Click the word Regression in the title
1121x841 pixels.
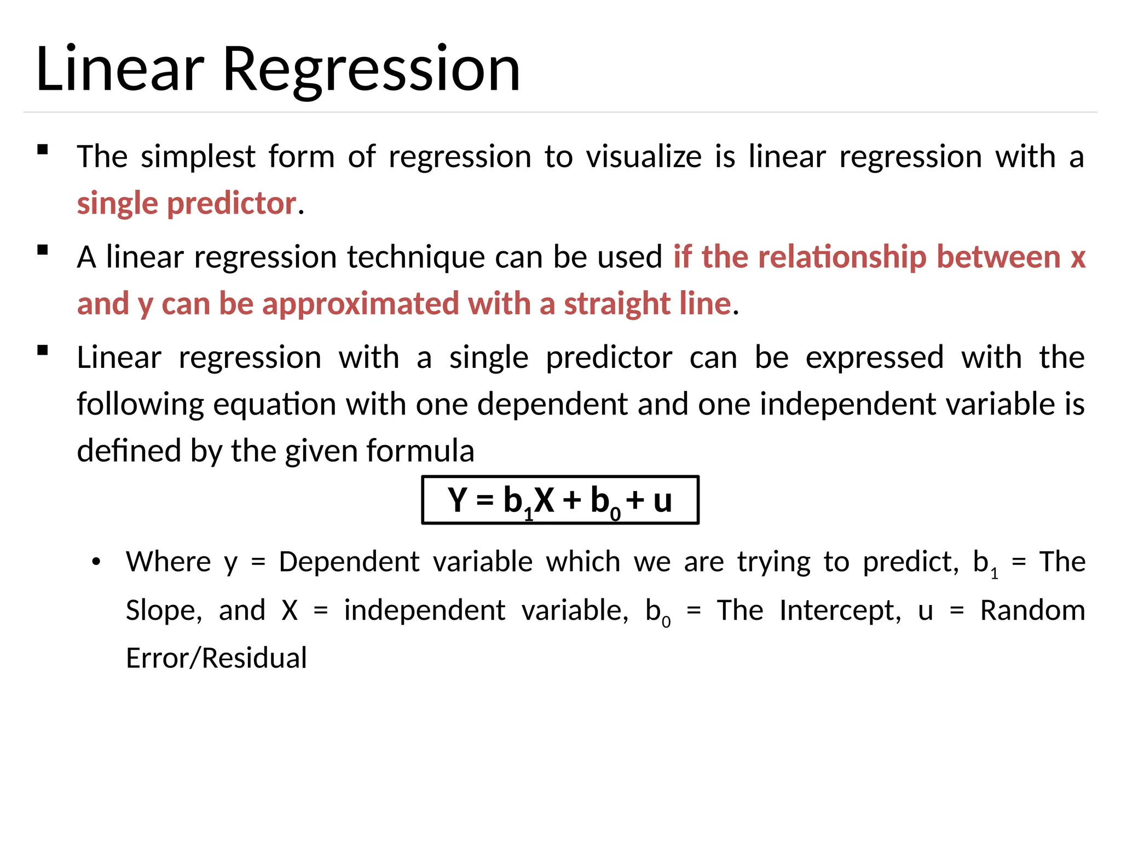(x=371, y=70)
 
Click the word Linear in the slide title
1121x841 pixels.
(x=120, y=70)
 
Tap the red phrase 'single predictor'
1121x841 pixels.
(x=186, y=203)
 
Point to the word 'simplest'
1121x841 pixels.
(x=198, y=157)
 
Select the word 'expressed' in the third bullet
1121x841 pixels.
(x=875, y=358)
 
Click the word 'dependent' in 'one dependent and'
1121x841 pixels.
(x=552, y=404)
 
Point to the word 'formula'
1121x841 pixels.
(x=420, y=451)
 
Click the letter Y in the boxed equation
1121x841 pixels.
(x=458, y=500)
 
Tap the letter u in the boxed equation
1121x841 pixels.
(x=662, y=500)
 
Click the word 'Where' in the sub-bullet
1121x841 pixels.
(x=168, y=562)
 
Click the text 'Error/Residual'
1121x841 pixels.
(x=216, y=658)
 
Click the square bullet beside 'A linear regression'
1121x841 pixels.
(x=43, y=251)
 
